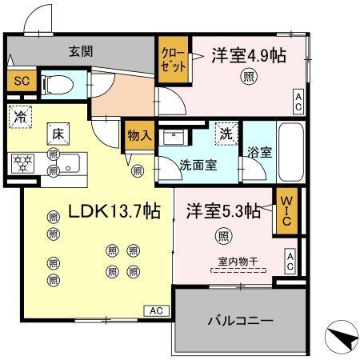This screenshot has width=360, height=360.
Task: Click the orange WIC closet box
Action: click(286, 211)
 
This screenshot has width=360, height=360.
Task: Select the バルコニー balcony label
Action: click(241, 322)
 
